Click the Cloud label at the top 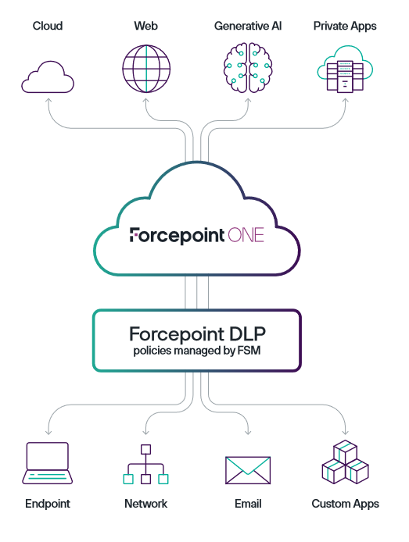(48, 26)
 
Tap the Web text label (145, 26)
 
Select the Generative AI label (248, 26)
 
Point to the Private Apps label (345, 27)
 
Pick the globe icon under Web (146, 69)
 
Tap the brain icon (248, 67)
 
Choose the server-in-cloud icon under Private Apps (345, 70)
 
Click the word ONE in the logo (246, 235)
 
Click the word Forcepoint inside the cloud (177, 236)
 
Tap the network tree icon (145, 464)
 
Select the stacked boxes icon (345, 462)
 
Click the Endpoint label (48, 504)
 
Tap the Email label (248, 504)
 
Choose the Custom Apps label (345, 504)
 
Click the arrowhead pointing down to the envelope (248, 432)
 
